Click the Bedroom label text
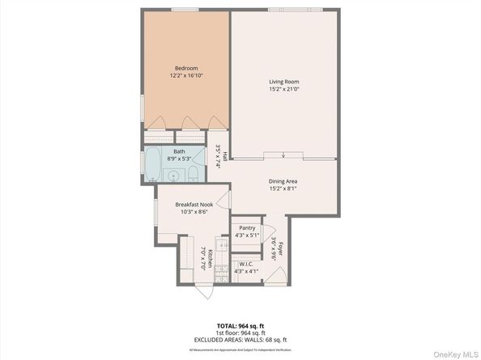point(185,68)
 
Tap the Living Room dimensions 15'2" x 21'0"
point(284,88)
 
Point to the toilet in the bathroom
point(203,173)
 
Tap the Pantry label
point(247,228)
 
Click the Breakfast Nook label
point(193,205)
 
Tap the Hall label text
point(224,155)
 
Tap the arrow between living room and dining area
point(283,156)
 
